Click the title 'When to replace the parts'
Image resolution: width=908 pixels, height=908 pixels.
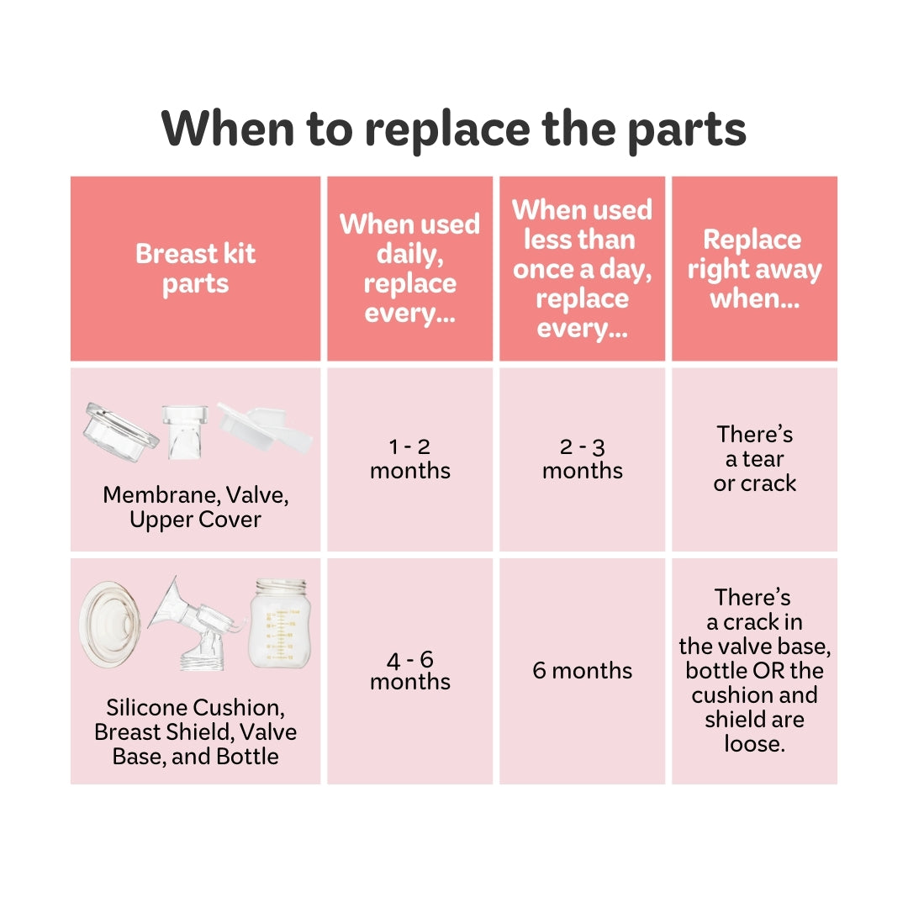pyautogui.click(x=453, y=129)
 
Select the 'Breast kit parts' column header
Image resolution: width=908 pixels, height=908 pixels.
pyautogui.click(x=195, y=269)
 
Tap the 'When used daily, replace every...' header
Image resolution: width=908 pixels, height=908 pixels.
pyautogui.click(x=410, y=268)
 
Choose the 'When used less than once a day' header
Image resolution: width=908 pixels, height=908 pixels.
pyautogui.click(x=582, y=269)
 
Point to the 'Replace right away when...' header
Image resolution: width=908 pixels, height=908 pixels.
pyautogui.click(x=754, y=269)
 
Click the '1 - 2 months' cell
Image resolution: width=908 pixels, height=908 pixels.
pyautogui.click(x=410, y=459)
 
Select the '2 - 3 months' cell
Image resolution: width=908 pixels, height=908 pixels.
pyautogui.click(x=582, y=459)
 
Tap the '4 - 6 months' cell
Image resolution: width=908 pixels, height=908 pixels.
pyautogui.click(x=410, y=671)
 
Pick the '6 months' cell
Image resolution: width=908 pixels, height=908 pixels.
pyautogui.click(x=582, y=671)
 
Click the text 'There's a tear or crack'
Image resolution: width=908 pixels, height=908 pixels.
pyautogui.click(x=754, y=459)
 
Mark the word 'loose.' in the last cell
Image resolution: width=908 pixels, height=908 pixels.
pyautogui.click(x=754, y=744)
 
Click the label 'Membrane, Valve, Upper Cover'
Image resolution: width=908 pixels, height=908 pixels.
pyautogui.click(x=195, y=507)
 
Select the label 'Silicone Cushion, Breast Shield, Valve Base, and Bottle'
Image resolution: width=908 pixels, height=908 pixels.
pyautogui.click(x=195, y=732)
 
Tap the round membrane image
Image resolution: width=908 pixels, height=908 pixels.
pyautogui.click(x=120, y=432)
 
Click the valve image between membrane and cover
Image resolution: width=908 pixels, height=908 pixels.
pyautogui.click(x=185, y=431)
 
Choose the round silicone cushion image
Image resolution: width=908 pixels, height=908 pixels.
pyautogui.click(x=109, y=625)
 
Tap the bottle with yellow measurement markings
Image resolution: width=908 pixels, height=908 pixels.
pyautogui.click(x=280, y=624)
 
